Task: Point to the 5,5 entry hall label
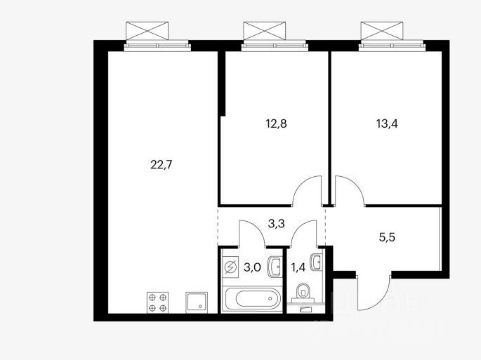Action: click(x=388, y=237)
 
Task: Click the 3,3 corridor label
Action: click(x=277, y=225)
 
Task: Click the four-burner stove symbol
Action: click(x=158, y=302)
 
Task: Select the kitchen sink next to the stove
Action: click(x=196, y=302)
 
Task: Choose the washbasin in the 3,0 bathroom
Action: click(x=275, y=265)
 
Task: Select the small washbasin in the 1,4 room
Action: click(x=317, y=262)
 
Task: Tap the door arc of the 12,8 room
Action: click(x=308, y=192)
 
